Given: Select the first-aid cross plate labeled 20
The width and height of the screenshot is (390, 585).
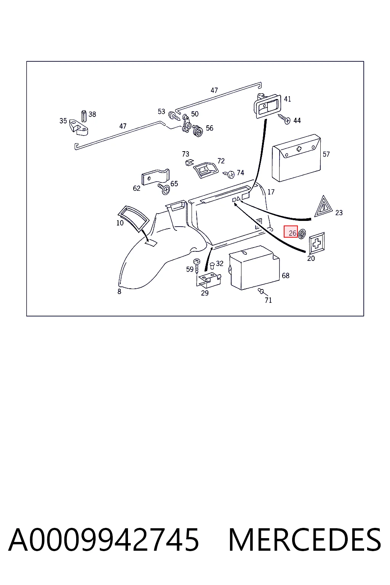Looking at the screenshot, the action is pos(316,243).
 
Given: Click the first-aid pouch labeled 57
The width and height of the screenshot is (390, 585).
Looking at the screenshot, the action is pos(296,158).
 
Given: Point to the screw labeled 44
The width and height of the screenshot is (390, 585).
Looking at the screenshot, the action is pos(284,119).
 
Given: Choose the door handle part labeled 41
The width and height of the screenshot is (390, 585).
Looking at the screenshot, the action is pos(267,105).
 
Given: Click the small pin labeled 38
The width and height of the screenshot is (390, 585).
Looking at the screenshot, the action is pos(83,116).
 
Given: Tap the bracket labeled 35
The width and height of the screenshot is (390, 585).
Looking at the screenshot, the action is pos(78,128).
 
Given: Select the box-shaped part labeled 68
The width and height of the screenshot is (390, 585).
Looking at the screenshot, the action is pos(254,268).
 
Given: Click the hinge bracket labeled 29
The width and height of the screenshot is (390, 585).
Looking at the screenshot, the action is pos(208,281).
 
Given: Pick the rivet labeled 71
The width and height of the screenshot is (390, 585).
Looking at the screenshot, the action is pos(261,291).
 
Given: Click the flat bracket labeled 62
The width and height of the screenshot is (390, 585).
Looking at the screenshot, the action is pos(155,177).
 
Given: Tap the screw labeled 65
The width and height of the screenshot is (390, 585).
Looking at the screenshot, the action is pos(164,189).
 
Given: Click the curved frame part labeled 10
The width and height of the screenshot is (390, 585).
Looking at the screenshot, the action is pos(133,218).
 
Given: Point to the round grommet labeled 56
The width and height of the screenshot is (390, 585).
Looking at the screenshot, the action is pos(198,131).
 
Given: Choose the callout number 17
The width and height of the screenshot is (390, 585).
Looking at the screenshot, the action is pos(271,192).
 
